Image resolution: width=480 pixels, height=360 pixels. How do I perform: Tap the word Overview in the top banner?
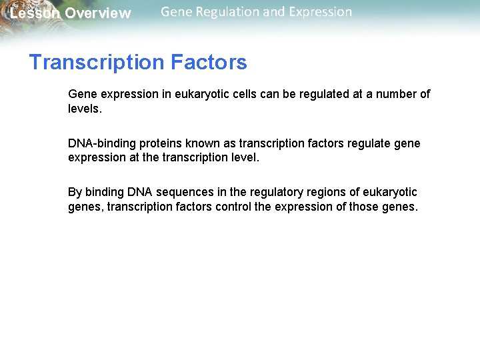point(98,13)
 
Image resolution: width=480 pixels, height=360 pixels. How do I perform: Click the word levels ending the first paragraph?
point(85,109)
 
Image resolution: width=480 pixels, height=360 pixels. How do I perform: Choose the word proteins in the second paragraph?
point(161,143)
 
